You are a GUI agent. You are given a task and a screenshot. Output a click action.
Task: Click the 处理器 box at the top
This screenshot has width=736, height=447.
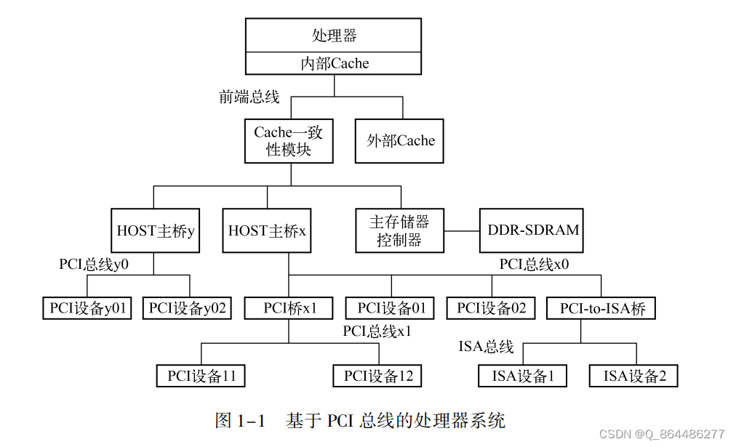(x=334, y=35)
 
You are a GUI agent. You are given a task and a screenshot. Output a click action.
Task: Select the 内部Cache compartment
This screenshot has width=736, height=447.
(x=334, y=63)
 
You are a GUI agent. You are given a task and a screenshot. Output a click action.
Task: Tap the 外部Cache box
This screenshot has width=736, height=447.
(x=400, y=140)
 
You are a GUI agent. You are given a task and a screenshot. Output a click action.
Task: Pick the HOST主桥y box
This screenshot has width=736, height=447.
(x=156, y=231)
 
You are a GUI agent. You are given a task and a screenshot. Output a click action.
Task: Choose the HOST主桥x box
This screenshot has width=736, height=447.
(x=267, y=231)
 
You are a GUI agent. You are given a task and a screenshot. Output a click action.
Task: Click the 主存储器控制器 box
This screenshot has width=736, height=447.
(x=399, y=231)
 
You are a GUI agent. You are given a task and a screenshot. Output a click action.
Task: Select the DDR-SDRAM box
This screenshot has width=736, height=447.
(x=534, y=231)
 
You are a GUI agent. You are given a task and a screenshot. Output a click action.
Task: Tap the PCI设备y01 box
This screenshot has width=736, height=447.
(x=88, y=308)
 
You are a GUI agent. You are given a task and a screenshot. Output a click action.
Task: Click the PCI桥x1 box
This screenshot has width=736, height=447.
(x=289, y=308)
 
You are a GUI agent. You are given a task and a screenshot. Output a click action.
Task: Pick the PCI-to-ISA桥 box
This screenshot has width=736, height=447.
(x=601, y=308)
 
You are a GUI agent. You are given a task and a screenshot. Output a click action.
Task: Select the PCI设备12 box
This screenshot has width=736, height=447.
(x=377, y=376)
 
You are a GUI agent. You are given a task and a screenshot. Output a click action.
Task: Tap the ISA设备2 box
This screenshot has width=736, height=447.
(x=634, y=376)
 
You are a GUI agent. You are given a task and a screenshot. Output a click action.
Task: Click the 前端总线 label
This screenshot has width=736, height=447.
(x=249, y=97)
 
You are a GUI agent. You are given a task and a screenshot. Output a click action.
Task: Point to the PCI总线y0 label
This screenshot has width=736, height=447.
(x=94, y=264)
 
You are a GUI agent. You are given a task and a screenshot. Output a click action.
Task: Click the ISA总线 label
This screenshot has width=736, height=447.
(x=486, y=346)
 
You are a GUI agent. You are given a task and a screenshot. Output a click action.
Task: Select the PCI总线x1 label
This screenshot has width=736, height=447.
(x=377, y=331)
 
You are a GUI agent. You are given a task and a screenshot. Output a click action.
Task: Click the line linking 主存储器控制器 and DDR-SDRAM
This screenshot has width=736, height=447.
(x=462, y=232)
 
